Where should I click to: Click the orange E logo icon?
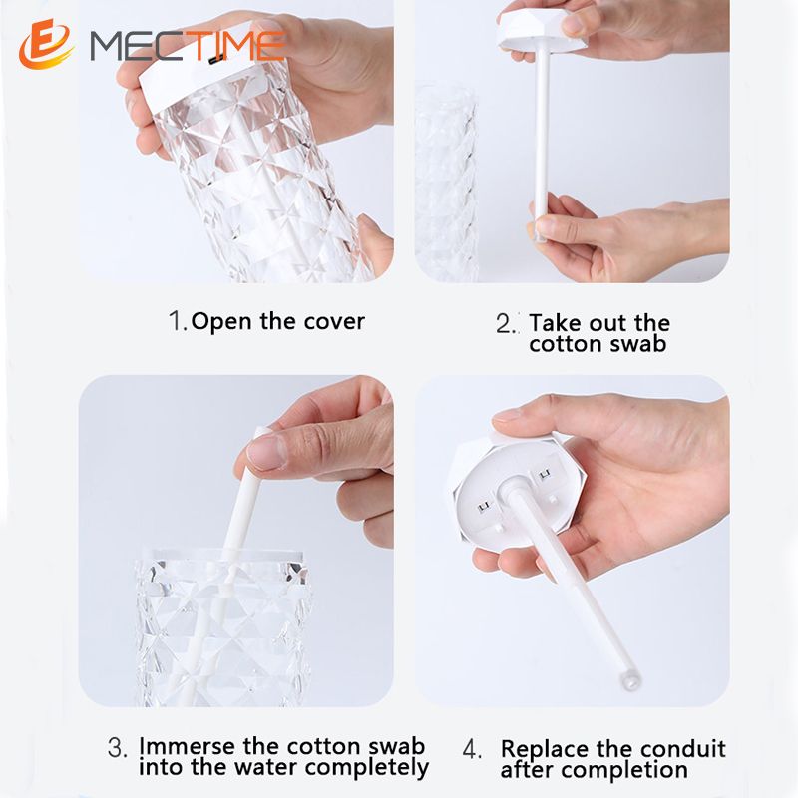tap(45, 44)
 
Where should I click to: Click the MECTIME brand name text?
tap(188, 46)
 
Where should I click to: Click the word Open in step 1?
tap(221, 322)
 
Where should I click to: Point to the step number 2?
tap(506, 323)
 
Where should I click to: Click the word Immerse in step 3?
tap(188, 746)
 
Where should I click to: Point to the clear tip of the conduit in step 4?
tap(630, 680)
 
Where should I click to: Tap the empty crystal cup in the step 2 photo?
tap(446, 184)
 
